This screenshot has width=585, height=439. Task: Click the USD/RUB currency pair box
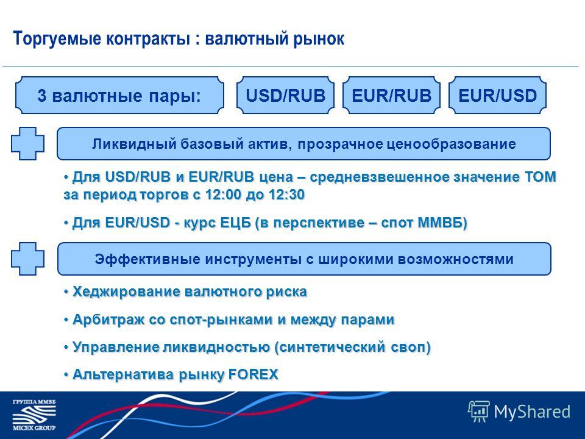coord(285,95)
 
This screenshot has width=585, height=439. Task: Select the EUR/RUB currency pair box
coord(391,95)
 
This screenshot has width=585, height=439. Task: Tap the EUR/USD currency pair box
coord(497,95)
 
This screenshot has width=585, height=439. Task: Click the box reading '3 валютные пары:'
coord(120,95)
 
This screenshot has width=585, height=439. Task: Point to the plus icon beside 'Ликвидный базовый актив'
coord(27,144)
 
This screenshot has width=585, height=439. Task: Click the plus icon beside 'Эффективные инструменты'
coord(27,259)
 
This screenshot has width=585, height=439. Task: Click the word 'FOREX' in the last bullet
coord(253,374)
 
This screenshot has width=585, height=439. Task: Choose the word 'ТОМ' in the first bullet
coord(541,177)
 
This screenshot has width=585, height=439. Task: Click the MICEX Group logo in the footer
coord(34,415)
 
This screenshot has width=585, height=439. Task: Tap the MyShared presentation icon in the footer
coord(479,412)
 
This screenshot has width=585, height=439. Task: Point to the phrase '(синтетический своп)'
coord(353,348)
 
